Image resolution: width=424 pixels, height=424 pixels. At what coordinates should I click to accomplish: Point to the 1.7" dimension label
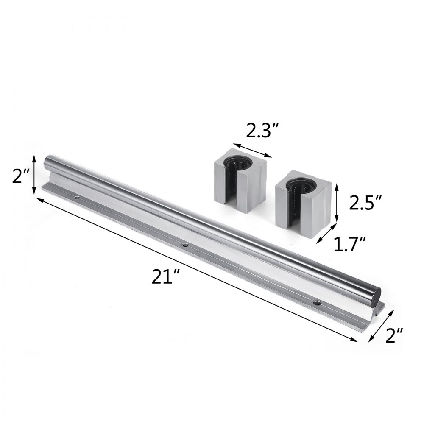pos(349,245)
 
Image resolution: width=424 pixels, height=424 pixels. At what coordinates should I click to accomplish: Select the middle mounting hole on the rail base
pos(184,244)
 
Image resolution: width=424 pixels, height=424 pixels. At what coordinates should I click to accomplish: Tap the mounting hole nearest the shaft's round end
pos(316,302)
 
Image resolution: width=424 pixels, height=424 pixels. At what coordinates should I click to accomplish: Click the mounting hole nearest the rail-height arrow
pos(77,197)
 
